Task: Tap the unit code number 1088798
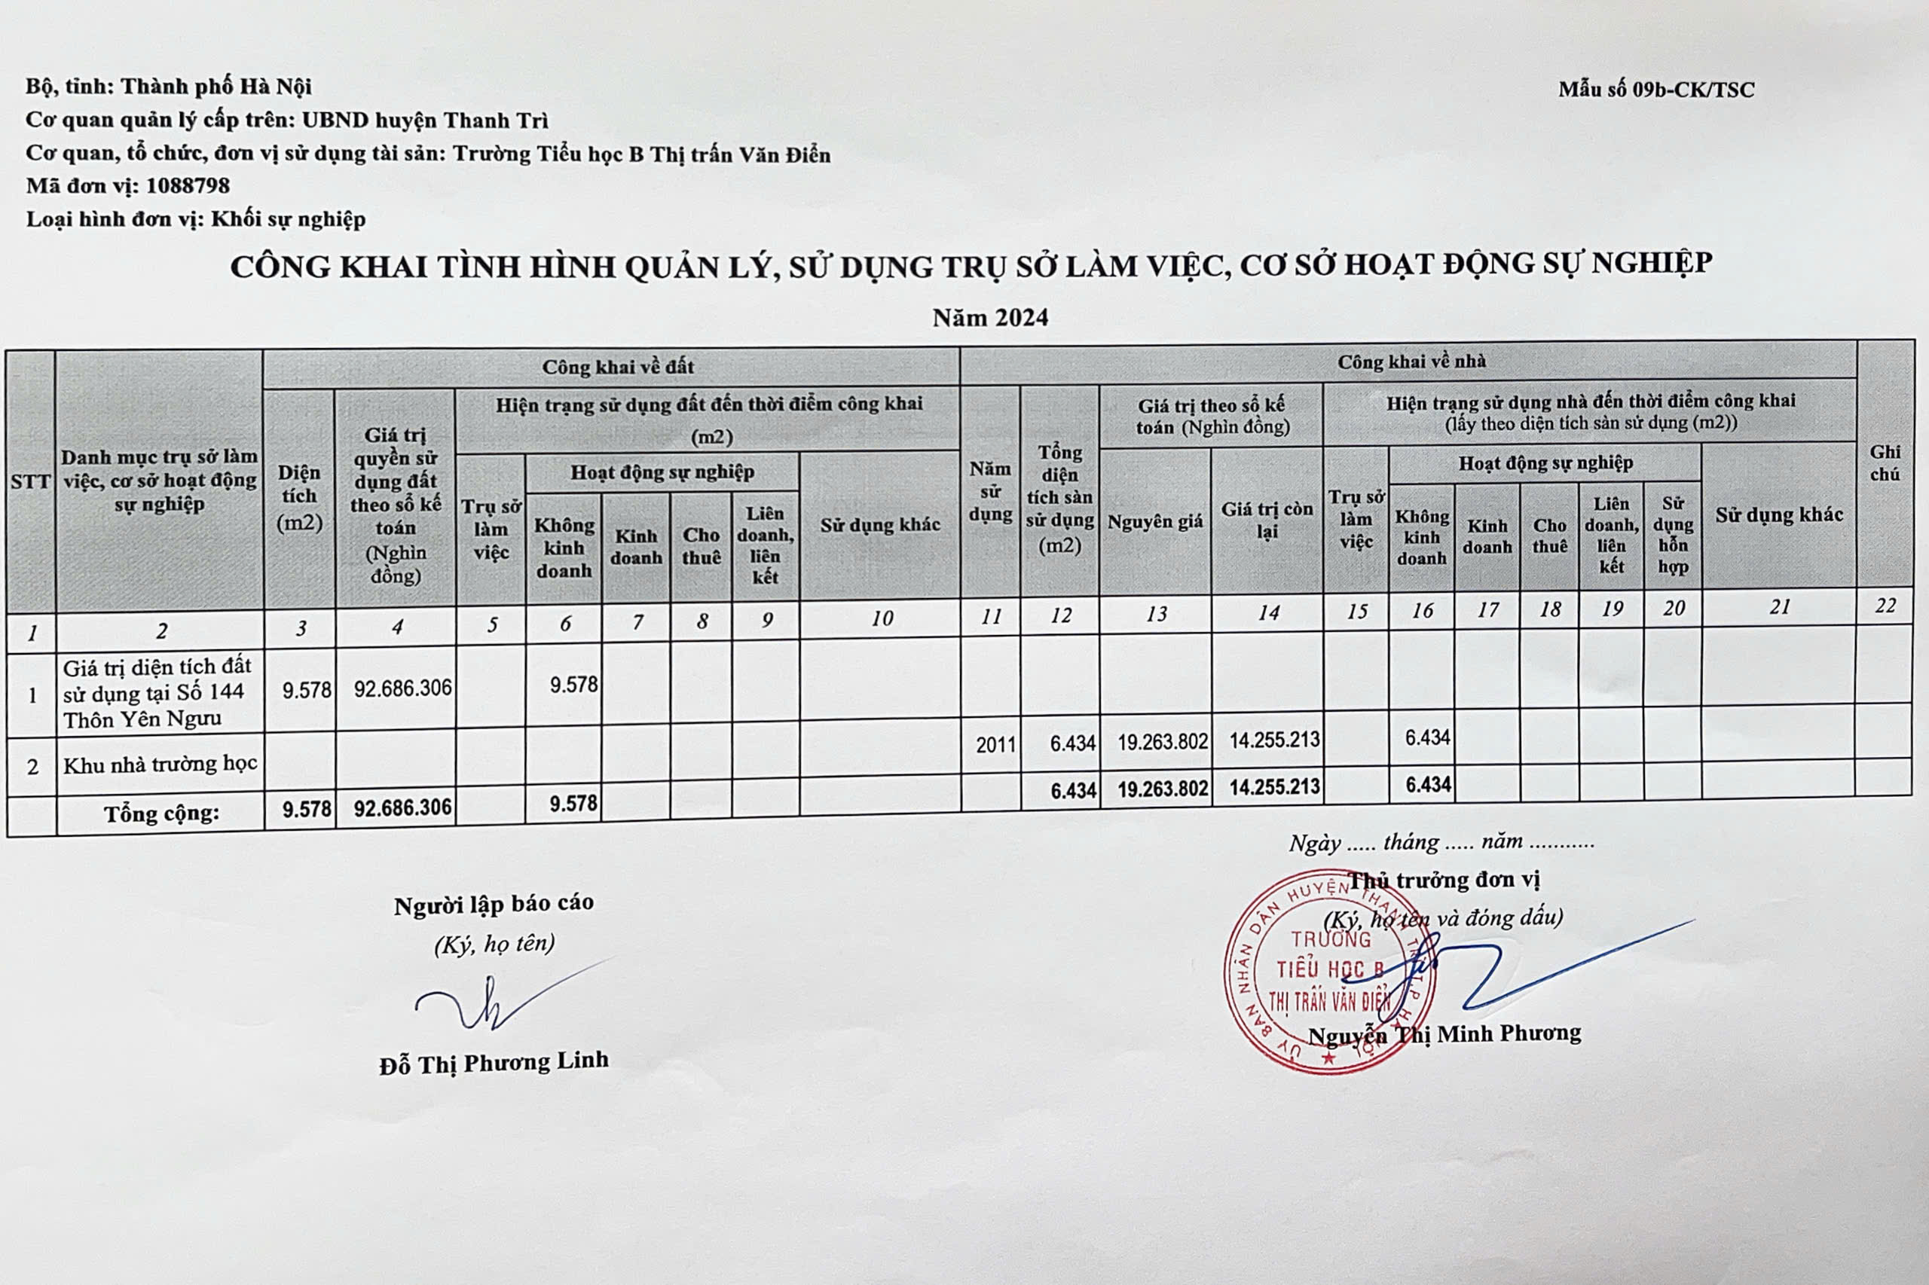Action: pos(188,186)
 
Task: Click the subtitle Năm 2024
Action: pos(990,318)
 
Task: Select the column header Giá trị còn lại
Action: pos(1267,520)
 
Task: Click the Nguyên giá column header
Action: pos(1155,522)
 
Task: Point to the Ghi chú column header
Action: pos(1885,463)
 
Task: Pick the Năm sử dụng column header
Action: pos(990,492)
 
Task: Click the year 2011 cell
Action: pos(995,745)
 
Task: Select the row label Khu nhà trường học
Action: pos(160,765)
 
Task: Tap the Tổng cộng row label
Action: pos(161,813)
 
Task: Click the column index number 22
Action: pos(1885,606)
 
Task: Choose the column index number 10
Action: pos(882,618)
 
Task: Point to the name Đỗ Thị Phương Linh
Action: pos(494,1063)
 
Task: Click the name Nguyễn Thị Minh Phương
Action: pos(1444,1034)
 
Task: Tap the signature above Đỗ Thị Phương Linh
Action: pos(492,1000)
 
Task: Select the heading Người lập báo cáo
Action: pos(494,905)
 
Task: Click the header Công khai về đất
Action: pos(617,367)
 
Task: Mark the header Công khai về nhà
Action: pos(1411,362)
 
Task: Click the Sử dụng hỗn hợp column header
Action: pos(1672,535)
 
